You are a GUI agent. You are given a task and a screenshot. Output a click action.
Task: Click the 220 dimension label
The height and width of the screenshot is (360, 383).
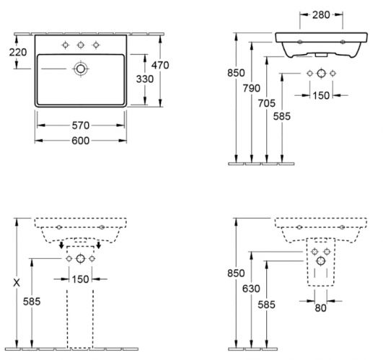[18, 52]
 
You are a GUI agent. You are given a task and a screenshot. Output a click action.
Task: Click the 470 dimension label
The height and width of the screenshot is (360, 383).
[160, 65]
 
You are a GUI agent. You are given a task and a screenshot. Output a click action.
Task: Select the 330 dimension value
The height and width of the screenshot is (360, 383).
[145, 79]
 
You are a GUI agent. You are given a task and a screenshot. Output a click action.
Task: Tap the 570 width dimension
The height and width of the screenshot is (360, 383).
[81, 126]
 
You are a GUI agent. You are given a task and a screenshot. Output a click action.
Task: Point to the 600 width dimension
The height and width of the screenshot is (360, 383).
[81, 141]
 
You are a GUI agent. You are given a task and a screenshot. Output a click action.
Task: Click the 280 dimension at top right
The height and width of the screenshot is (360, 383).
[321, 15]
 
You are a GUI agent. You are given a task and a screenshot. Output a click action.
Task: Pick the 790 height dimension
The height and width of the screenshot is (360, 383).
[251, 88]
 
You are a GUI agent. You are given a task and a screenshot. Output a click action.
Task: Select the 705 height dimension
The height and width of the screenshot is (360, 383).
[266, 103]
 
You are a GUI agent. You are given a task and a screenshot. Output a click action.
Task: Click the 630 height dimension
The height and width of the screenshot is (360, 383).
[251, 289]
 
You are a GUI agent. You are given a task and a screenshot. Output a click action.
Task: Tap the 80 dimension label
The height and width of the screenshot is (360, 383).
[320, 308]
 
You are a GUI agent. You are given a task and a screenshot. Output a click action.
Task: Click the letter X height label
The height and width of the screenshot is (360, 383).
[17, 283]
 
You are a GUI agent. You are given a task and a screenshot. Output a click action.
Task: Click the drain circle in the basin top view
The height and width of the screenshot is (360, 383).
[81, 69]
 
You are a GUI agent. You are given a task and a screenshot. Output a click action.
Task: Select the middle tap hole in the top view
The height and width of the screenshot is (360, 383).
[81, 45]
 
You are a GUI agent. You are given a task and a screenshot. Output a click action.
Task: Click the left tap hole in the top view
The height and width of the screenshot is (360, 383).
[65, 45]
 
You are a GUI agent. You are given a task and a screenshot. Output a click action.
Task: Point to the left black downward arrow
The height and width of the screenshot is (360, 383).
[61, 245]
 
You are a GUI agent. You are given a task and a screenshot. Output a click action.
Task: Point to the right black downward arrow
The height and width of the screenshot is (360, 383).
[98, 245]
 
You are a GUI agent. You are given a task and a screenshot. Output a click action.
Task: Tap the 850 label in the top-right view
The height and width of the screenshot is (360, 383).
[236, 73]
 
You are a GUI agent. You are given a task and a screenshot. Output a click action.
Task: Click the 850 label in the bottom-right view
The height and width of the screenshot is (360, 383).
[236, 273]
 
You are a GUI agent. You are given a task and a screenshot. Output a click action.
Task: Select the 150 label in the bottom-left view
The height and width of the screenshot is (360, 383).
[80, 279]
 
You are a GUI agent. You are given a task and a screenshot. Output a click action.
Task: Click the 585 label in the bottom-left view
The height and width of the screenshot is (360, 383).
[32, 302]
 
